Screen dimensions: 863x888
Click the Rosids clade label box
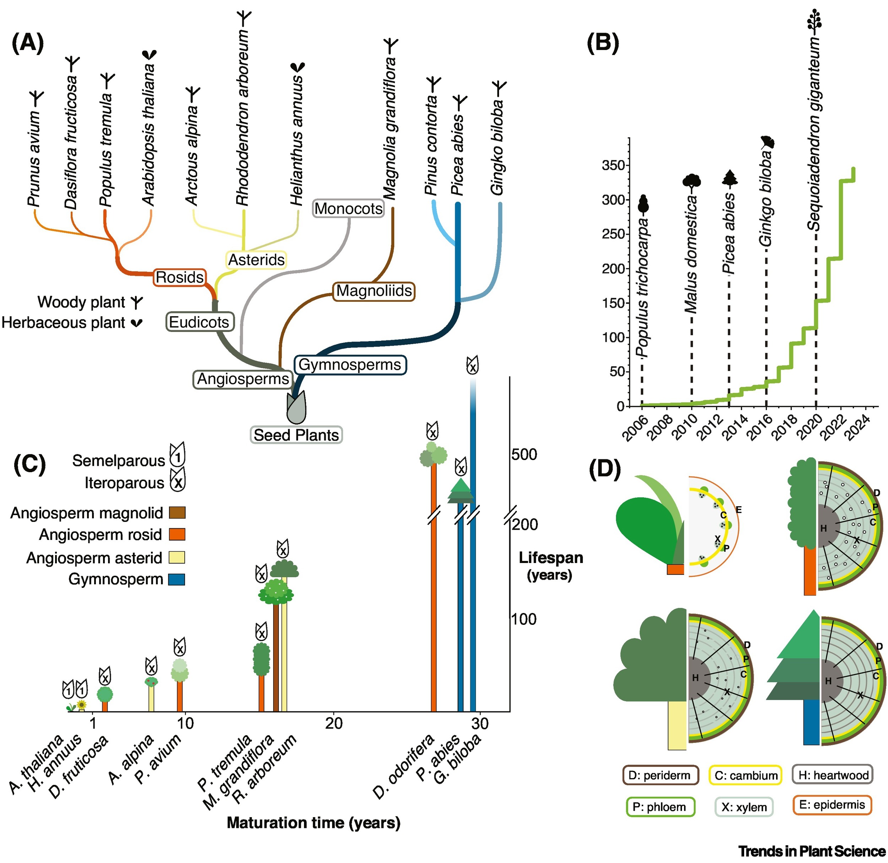pyautogui.click(x=180, y=277)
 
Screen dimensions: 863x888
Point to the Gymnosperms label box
pyautogui.click(x=350, y=365)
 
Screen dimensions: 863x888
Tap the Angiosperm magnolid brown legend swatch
pyautogui.click(x=177, y=513)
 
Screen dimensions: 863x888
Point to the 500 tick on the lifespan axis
pyautogui.click(x=524, y=454)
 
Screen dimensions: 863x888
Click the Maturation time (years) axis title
pyautogui.click(x=313, y=823)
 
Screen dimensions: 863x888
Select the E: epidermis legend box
pyautogui.click(x=832, y=804)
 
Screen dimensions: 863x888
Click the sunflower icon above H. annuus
pyautogui.click(x=82, y=704)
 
